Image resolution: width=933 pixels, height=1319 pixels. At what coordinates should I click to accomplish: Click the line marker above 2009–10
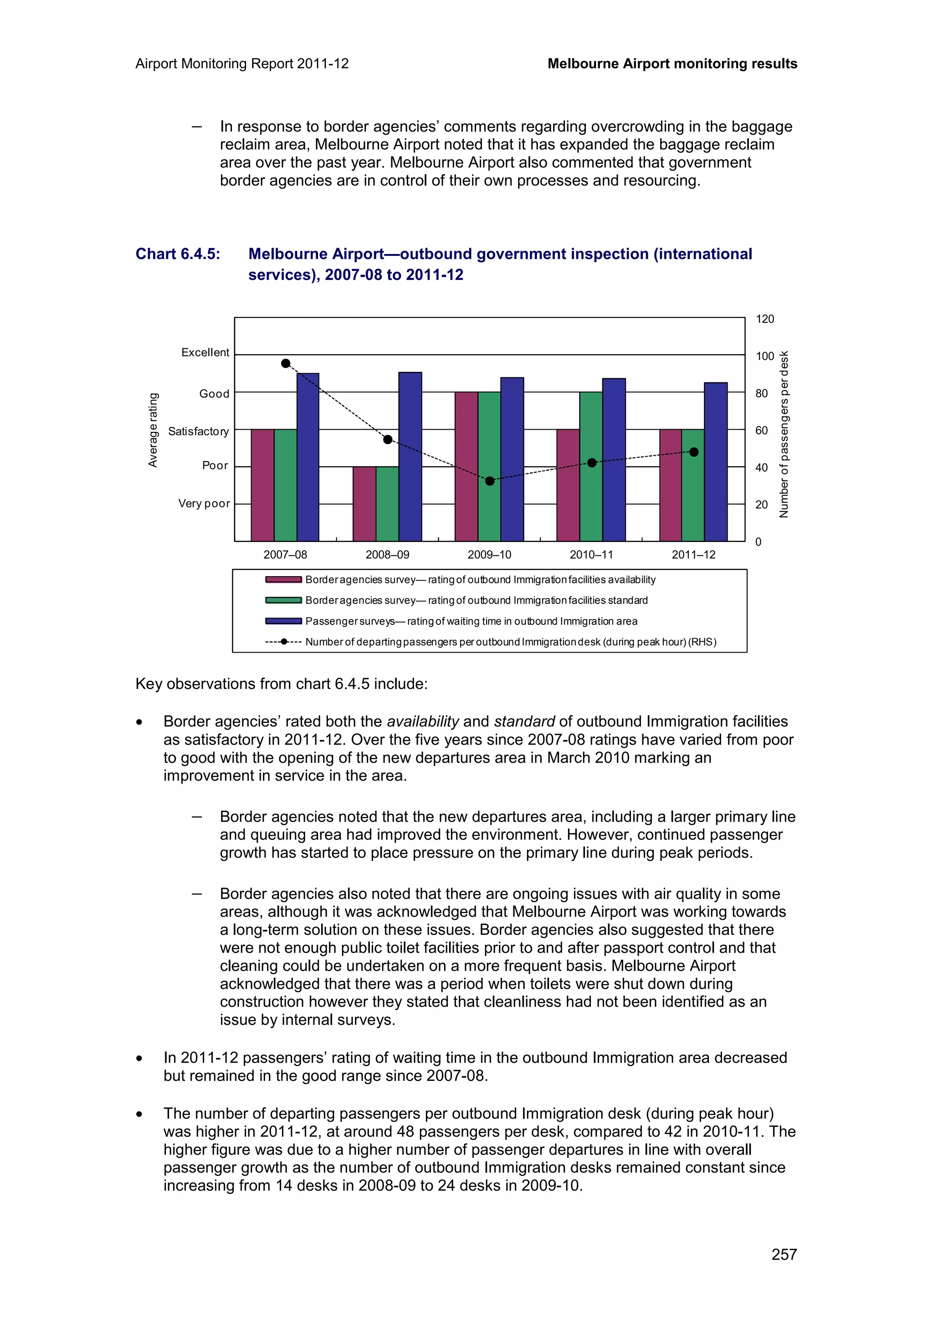pos(489,481)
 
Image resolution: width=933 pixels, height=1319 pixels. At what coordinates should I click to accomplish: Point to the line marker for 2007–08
pos(286,363)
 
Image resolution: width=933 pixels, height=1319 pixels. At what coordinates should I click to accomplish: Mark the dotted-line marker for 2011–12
pos(693,452)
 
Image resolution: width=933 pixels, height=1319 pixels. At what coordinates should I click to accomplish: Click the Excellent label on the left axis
pos(205,352)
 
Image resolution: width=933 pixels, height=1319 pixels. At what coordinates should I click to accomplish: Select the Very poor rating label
pos(204,503)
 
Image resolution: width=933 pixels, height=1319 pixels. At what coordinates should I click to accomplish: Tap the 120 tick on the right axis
pos(764,319)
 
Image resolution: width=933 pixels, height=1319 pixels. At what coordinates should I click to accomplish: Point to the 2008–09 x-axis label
pos(387,554)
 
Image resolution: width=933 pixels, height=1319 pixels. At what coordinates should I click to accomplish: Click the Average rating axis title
pos(153,430)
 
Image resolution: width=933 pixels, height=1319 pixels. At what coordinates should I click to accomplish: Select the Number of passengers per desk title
pos(784,434)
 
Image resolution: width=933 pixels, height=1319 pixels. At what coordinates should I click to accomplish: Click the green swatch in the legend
pos(283,600)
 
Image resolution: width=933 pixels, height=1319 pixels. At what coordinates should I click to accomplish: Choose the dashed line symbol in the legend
pos(283,642)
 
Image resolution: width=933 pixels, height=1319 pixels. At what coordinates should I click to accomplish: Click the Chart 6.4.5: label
pos(178,254)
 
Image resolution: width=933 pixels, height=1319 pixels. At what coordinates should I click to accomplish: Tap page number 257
pos(784,1254)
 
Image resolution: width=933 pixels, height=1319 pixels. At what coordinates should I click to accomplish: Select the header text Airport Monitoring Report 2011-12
pos(242,64)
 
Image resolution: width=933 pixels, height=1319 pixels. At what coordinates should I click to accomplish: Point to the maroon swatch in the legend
pos(283,579)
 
